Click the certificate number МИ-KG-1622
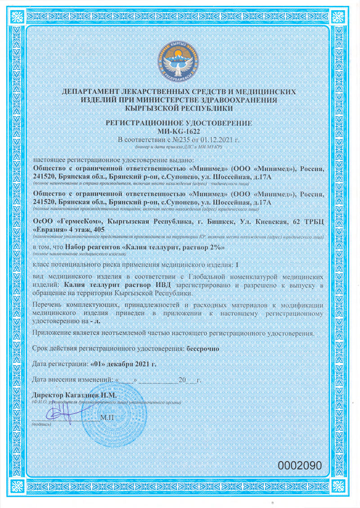pyautogui.click(x=180, y=131)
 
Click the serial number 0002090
pyautogui.click(x=300, y=466)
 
